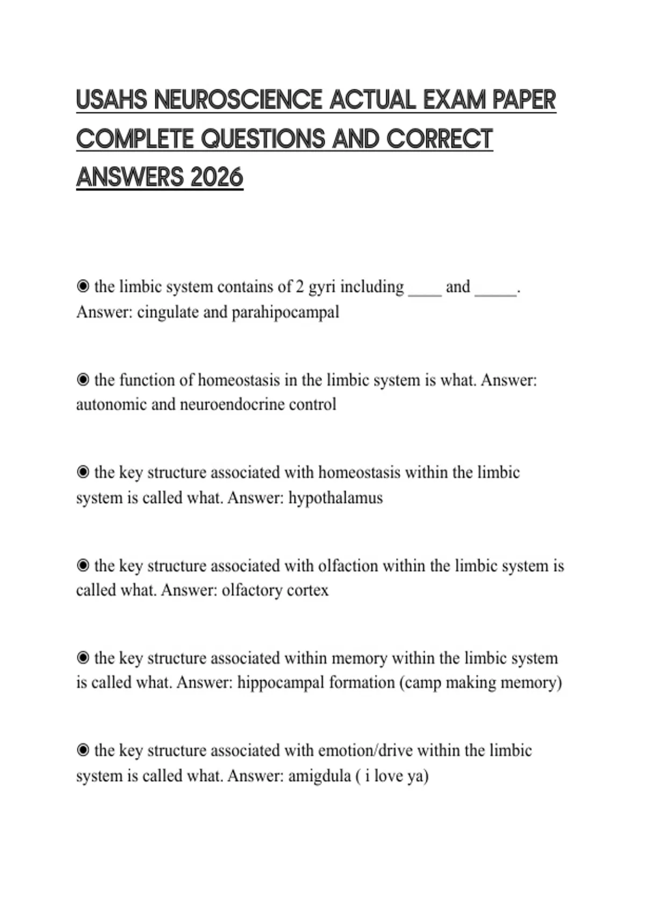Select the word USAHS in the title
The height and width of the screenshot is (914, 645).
click(111, 101)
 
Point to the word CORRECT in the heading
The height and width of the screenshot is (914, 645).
click(439, 139)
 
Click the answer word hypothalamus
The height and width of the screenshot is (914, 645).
click(335, 498)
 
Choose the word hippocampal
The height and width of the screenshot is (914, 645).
click(281, 683)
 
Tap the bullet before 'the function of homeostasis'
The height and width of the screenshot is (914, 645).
click(83, 380)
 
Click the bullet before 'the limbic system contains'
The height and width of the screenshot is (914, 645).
click(83, 287)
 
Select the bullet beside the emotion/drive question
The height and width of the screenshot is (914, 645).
click(83, 750)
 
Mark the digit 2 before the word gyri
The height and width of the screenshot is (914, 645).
click(300, 287)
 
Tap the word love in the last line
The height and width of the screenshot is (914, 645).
click(389, 776)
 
